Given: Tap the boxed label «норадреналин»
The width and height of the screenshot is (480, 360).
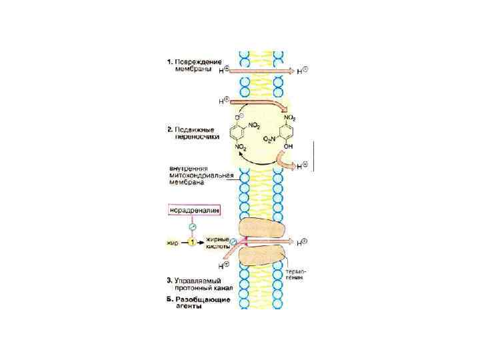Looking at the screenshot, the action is click(x=193, y=211).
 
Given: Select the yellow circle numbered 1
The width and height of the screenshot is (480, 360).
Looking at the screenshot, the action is click(x=192, y=243).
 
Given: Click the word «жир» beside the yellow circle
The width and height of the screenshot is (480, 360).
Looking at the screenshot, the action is click(x=172, y=243).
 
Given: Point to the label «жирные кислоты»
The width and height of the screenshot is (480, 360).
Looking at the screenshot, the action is click(x=218, y=242).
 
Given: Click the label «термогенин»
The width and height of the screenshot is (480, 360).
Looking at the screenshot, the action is click(x=297, y=275).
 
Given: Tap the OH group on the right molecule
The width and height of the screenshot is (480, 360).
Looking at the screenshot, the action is click(x=289, y=145).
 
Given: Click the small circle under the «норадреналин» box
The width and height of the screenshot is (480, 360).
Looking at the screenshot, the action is click(x=192, y=227).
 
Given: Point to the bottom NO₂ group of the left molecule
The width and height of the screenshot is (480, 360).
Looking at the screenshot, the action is click(x=241, y=146).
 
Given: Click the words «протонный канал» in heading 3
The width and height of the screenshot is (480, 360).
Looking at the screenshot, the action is click(x=205, y=290).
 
